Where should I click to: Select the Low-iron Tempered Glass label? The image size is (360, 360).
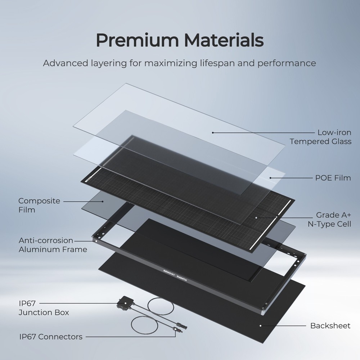coord(320,137)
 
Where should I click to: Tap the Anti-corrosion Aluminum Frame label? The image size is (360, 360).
coord(53,245)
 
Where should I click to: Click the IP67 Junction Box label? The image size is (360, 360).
coord(44,308)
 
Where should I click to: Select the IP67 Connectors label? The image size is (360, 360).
coord(51,337)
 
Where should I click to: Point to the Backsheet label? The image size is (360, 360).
coord(330,326)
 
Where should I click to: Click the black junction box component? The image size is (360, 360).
coord(122,304)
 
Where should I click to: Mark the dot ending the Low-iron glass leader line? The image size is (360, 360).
coord(213,132)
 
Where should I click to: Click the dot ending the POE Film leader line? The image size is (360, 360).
coord(270,177)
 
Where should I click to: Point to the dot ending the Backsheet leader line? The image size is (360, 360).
coord(260,325)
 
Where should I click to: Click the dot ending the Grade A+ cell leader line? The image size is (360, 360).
coord(256,217)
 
